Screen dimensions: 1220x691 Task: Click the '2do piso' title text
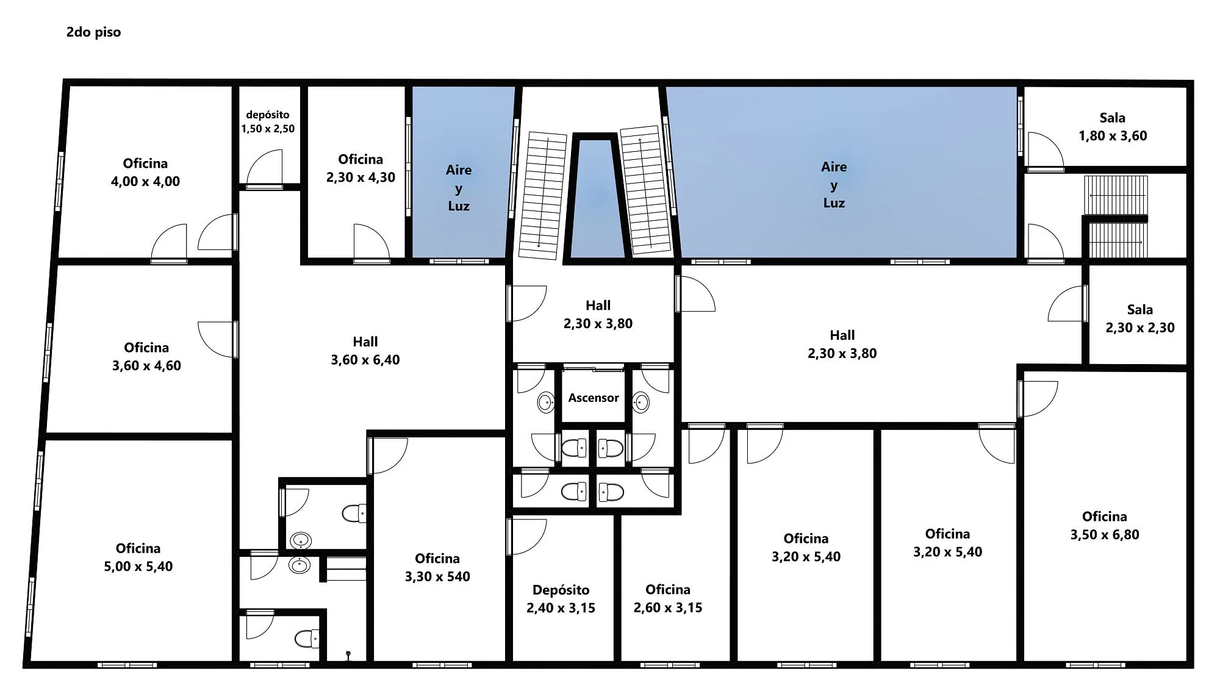93,32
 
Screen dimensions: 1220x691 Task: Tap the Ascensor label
594,398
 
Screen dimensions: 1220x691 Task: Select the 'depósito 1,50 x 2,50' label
268,121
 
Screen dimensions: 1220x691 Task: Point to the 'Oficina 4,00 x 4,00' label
145,173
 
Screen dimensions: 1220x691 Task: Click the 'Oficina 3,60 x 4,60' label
146,357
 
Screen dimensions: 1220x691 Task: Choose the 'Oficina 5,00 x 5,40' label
138,557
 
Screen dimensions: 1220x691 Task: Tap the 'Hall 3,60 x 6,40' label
365,351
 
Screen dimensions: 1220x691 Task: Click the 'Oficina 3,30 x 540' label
437,568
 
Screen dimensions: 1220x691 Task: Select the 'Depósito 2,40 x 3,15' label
561,599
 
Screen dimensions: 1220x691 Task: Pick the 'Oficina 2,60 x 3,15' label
668,599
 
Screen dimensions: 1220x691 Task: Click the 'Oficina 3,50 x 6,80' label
1105,526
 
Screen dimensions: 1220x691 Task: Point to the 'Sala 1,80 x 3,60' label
1113,127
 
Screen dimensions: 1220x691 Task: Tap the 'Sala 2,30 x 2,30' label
1140,318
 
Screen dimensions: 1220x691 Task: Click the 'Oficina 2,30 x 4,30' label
361,168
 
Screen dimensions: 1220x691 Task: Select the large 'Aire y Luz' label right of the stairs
834,185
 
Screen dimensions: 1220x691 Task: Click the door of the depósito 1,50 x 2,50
265,168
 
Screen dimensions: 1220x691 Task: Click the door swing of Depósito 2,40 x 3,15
526,537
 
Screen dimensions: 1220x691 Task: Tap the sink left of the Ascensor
546,402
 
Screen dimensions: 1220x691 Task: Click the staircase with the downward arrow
542,195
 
